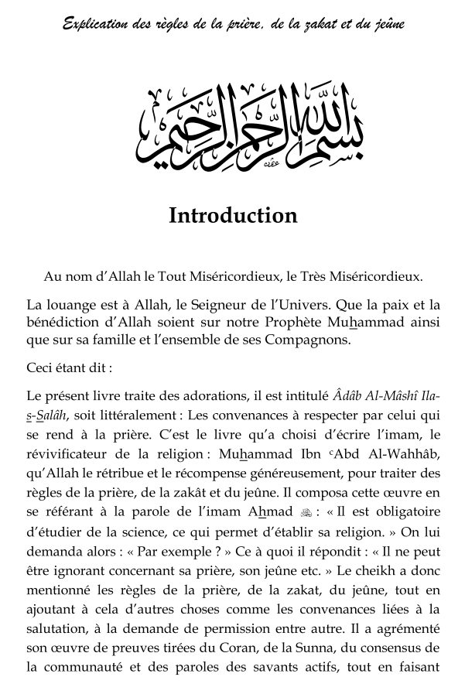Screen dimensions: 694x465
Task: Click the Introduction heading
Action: (x=233, y=215)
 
